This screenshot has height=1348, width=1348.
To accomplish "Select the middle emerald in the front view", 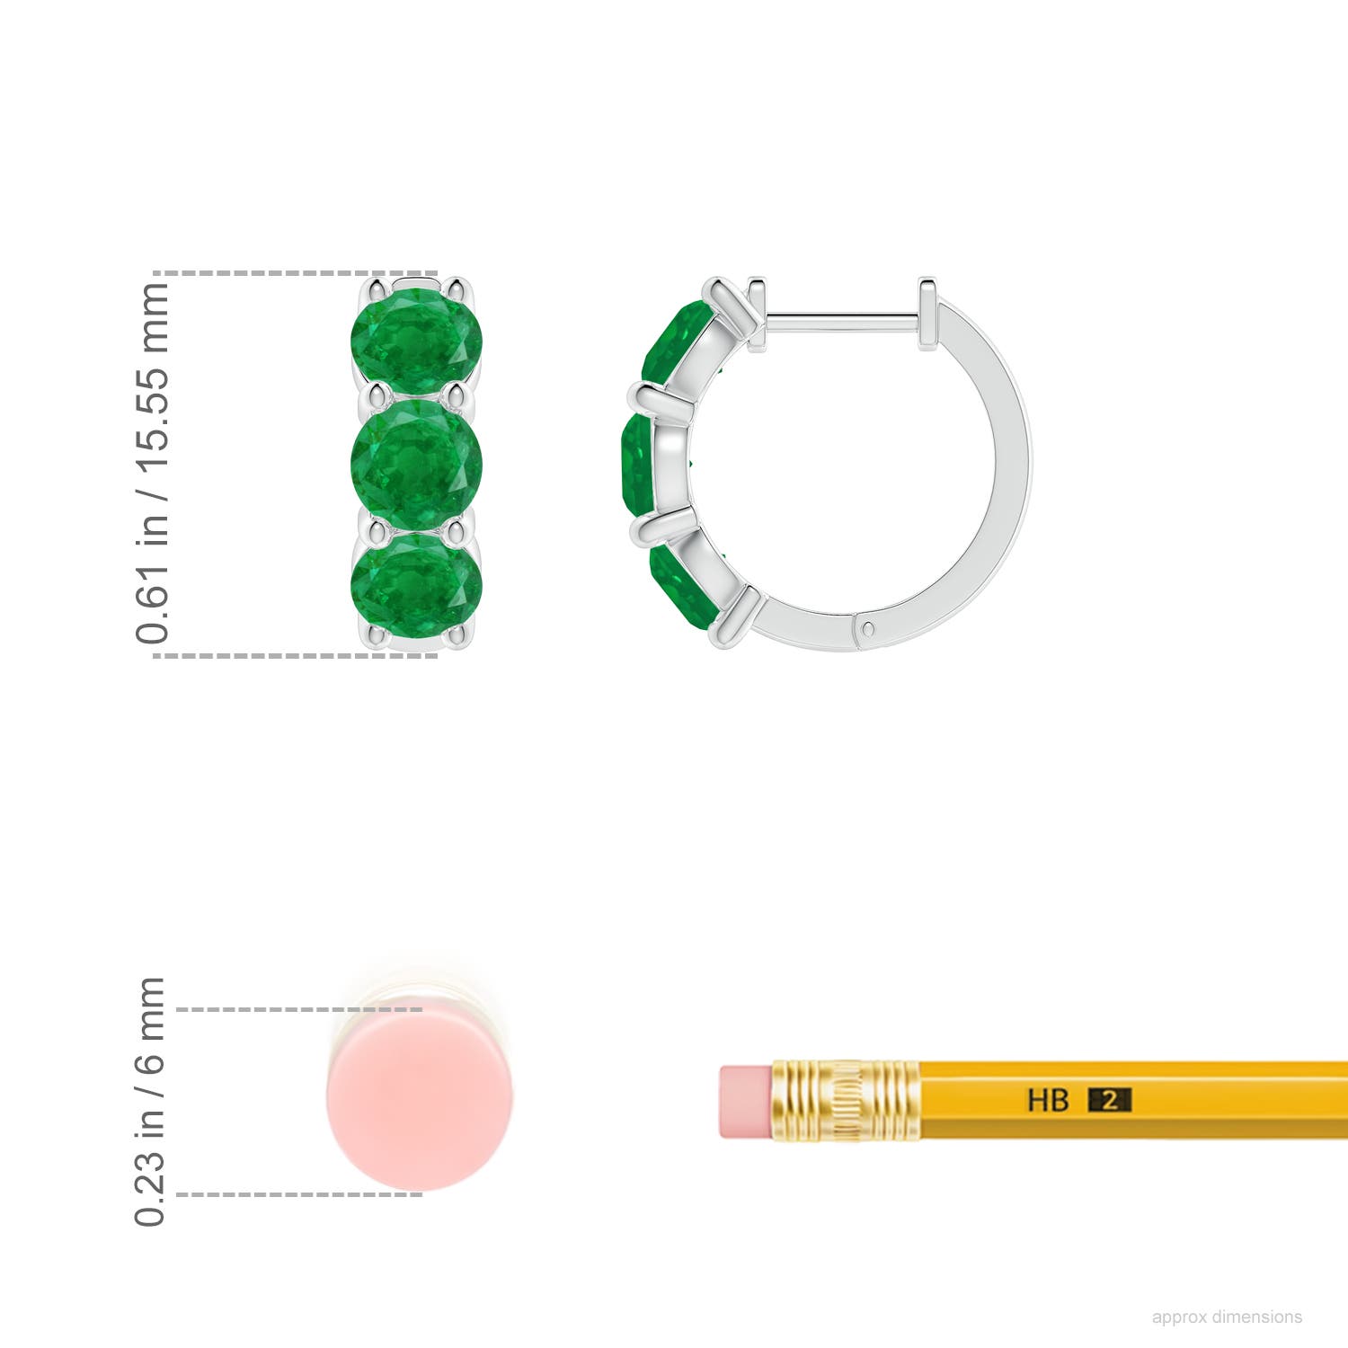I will coord(416,464).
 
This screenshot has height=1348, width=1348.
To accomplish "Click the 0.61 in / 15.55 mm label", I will coord(152,463).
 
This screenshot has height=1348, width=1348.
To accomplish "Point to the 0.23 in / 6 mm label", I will coord(150,1101).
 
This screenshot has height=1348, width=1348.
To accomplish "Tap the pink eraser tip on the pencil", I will coord(745,1102).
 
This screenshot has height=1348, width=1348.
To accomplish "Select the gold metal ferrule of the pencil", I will coord(845,1101).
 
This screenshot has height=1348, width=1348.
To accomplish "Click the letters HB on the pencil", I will coord(1048,1100).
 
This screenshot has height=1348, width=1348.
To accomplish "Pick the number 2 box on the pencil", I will coord(1110,1100).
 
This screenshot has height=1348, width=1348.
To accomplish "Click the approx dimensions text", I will coord(1227,1317).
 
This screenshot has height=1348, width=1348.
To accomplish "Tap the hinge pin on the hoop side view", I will coord(867,630).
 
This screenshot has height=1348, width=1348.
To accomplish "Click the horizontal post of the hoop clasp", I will coord(840,317).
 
